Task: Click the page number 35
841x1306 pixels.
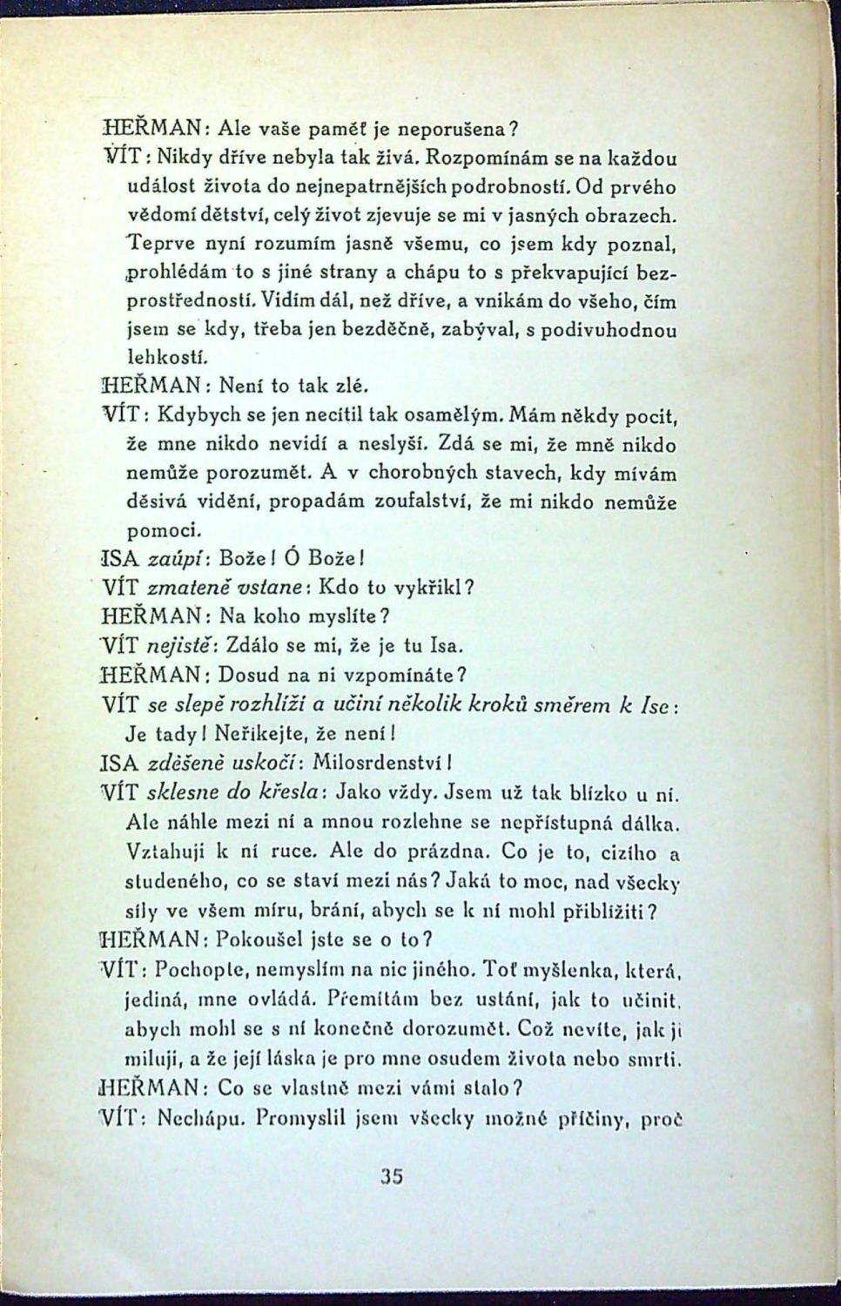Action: click(x=392, y=1176)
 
